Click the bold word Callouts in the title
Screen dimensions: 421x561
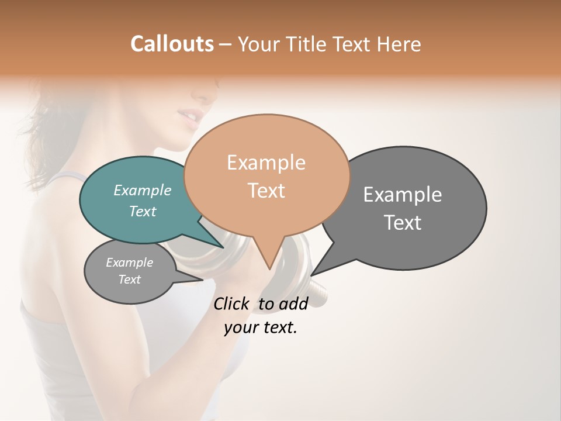click(172, 44)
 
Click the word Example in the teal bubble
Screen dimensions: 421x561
click(143, 191)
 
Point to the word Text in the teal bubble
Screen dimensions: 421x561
click(143, 211)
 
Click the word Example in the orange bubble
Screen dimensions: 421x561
click(266, 163)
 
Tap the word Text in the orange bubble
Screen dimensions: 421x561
click(266, 191)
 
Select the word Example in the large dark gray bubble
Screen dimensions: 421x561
click(403, 195)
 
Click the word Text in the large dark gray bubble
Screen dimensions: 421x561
click(403, 223)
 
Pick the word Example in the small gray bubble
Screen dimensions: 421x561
click(129, 263)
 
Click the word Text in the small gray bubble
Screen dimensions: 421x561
click(129, 279)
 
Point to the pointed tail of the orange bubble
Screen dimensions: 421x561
click(269, 266)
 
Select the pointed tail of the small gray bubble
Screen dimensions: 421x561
click(199, 280)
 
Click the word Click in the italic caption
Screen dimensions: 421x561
click(231, 303)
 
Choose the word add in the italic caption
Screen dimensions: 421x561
click(293, 303)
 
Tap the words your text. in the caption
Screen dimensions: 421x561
click(261, 327)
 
